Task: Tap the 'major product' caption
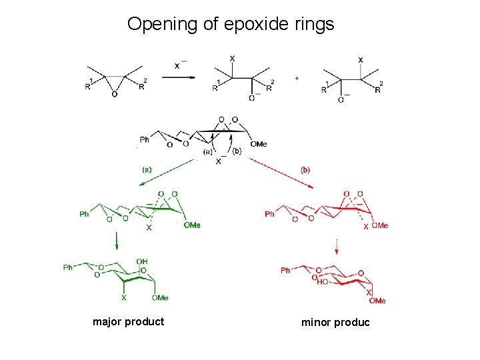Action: (x=128, y=321)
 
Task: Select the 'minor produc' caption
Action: (x=335, y=323)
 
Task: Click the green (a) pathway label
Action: (x=146, y=170)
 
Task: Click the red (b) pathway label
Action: (x=305, y=170)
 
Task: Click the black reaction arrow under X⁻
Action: (x=179, y=77)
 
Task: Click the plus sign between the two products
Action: (x=297, y=78)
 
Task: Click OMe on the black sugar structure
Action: (x=259, y=144)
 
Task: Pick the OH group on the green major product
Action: (x=142, y=261)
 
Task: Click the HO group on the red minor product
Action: (x=321, y=282)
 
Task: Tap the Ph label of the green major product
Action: (x=68, y=267)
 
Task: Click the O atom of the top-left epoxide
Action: (x=115, y=95)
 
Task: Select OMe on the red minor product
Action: (x=377, y=301)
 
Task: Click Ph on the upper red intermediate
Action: (x=269, y=214)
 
